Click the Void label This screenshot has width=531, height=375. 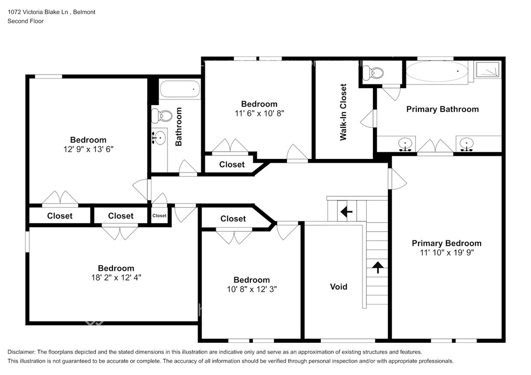click(x=339, y=287)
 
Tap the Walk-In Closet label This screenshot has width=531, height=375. click(x=343, y=112)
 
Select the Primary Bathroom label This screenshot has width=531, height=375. click(x=442, y=109)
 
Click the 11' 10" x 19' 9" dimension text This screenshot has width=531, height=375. click(x=446, y=253)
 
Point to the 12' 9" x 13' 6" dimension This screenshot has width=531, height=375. click(x=88, y=149)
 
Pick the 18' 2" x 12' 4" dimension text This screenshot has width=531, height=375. click(x=116, y=278)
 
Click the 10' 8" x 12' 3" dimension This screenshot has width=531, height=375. click(x=251, y=289)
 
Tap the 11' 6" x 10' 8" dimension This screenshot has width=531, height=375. click(x=259, y=113)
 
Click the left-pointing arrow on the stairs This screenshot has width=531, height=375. click(x=346, y=212)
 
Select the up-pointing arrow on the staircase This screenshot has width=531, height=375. click(x=378, y=267)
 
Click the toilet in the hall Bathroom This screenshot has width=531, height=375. click(x=162, y=116)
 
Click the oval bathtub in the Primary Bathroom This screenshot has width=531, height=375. click(x=437, y=71)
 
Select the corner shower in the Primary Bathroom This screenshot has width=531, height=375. click(x=487, y=70)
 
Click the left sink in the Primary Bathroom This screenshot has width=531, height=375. click(x=406, y=144)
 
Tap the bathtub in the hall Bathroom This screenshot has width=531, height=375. click(x=179, y=89)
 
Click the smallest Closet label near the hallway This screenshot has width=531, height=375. click(x=159, y=216)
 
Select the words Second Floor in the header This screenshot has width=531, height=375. click(x=26, y=21)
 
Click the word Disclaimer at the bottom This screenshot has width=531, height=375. click(x=21, y=352)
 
